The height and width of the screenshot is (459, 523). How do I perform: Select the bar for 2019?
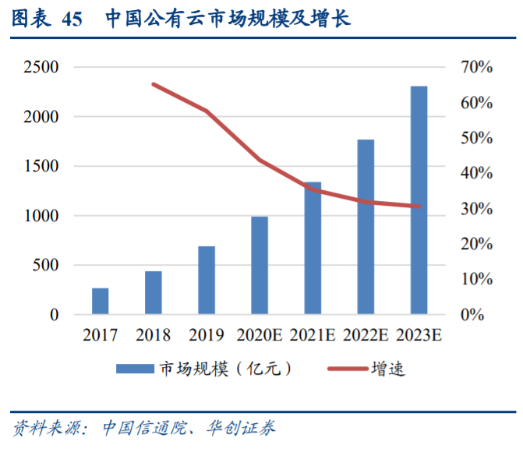tap(207, 281)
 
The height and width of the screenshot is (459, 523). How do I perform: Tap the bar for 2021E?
tap(313, 249)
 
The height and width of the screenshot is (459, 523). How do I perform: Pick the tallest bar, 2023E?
tap(419, 200)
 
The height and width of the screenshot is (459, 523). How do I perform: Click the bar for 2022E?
tap(366, 228)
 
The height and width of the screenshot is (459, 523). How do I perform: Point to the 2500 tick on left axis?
tap(41, 67)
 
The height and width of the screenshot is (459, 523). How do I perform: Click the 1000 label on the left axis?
tap(41, 216)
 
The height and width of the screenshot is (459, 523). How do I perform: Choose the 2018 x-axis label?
tap(153, 336)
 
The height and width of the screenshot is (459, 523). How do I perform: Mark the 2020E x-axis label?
tap(260, 336)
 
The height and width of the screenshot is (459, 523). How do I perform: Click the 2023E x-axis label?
tap(419, 336)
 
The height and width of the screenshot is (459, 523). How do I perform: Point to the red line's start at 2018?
tap(154, 84)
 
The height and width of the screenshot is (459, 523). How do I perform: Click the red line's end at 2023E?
tap(419, 207)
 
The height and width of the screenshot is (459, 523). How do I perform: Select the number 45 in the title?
tap(70, 19)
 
